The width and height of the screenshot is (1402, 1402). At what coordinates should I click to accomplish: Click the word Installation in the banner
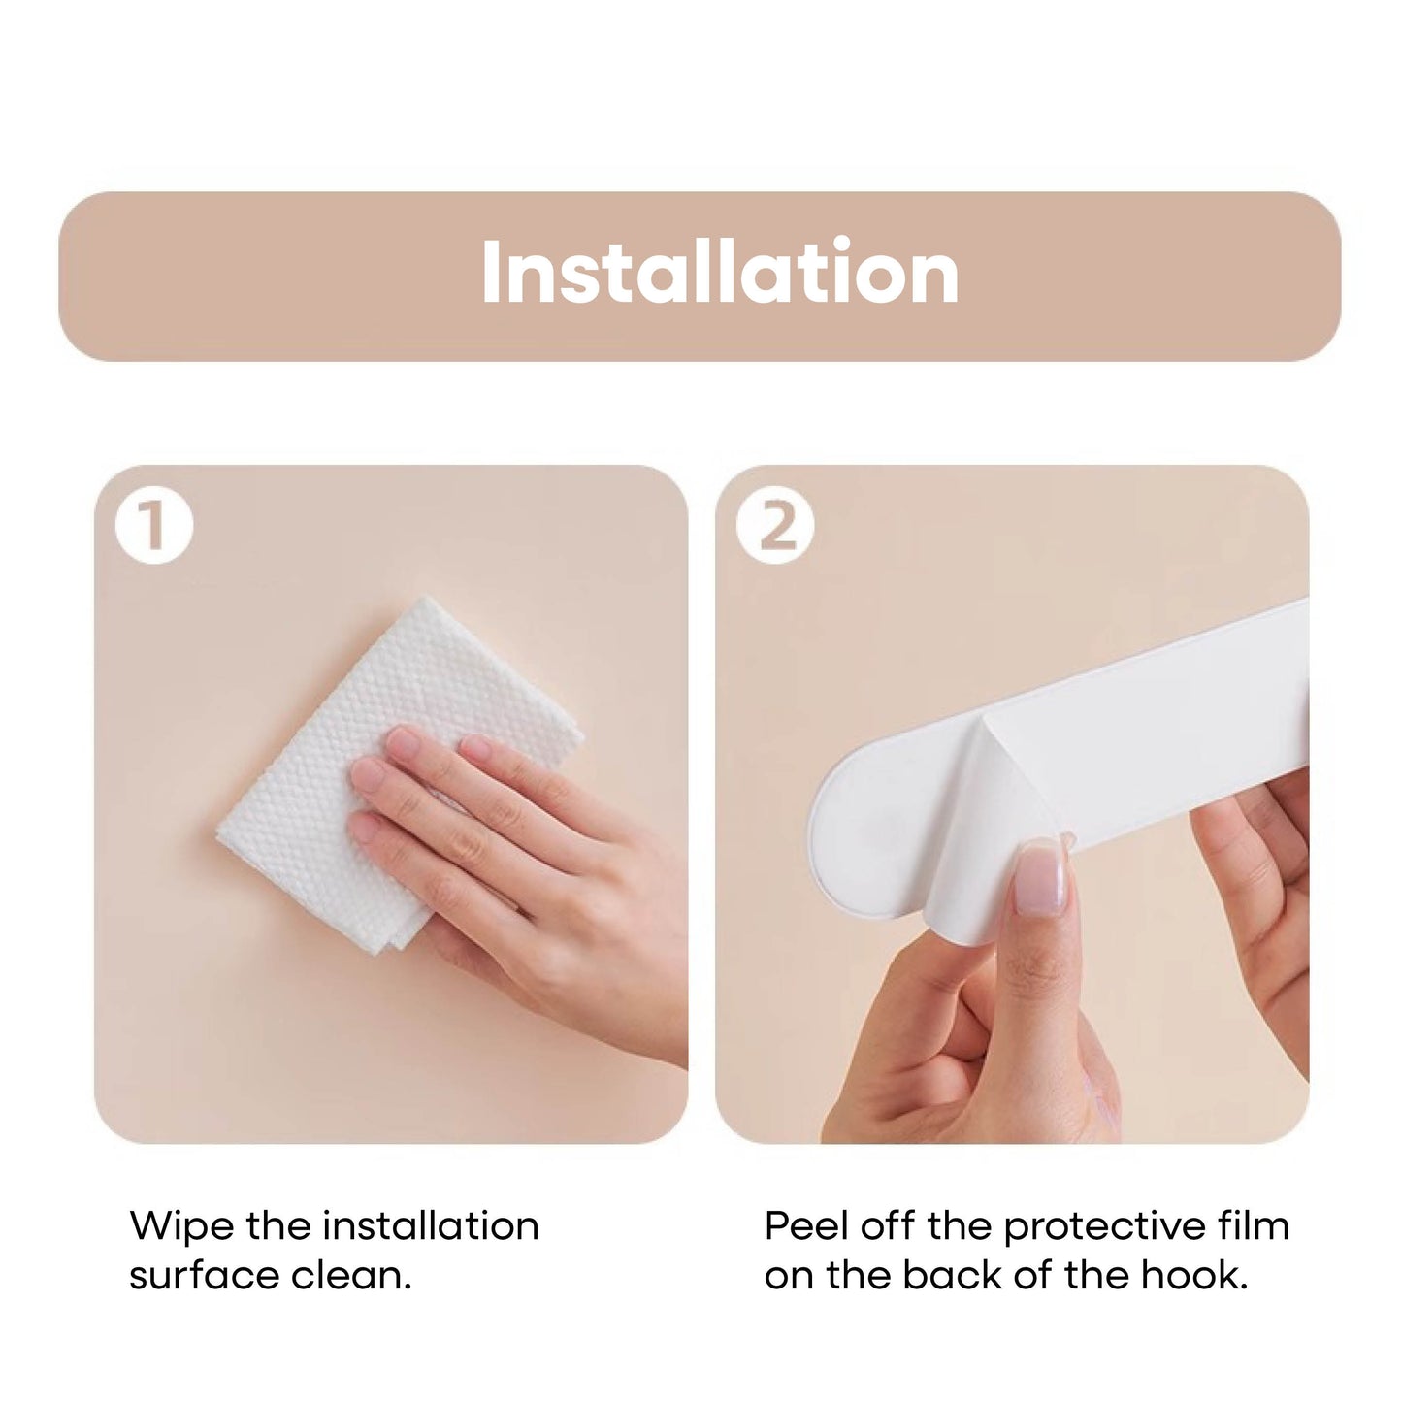point(720,272)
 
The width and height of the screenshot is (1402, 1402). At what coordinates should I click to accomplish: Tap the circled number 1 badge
point(154,525)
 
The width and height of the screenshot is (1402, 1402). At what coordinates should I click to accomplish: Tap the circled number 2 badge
point(775,525)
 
